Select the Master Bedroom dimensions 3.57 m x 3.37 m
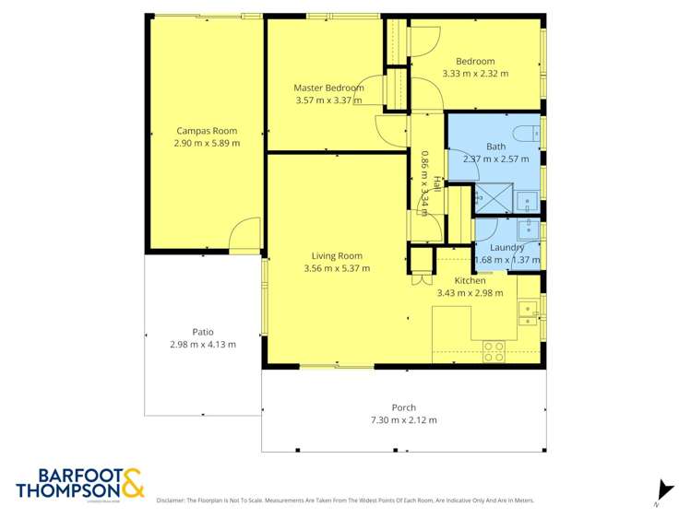click(328, 100)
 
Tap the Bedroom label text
click(475, 61)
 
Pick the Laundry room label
click(507, 247)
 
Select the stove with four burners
click(494, 349)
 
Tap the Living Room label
click(336, 256)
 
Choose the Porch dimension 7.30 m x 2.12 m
click(403, 419)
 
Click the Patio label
click(203, 332)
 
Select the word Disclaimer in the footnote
click(172, 500)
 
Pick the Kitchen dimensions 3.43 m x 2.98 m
click(470, 293)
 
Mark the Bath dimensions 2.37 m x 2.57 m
click(495, 159)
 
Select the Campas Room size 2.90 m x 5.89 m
click(207, 143)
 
